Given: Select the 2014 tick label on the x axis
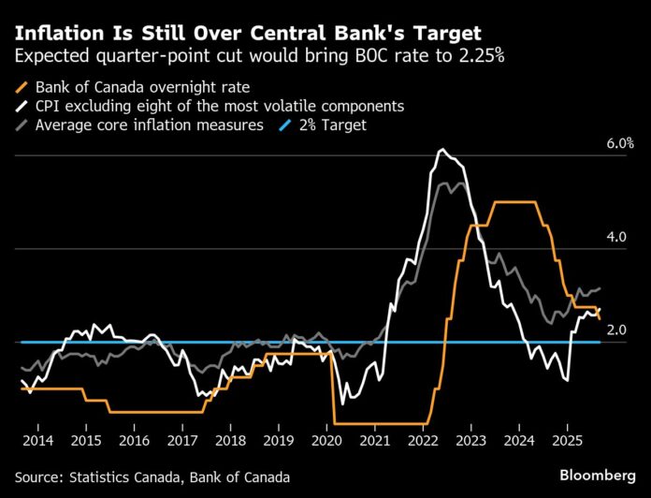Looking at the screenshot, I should pos(37,440).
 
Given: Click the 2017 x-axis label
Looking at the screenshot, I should pos(182,440).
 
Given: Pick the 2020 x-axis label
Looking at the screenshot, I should pos(326,440).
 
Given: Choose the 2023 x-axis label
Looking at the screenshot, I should pos(470,440).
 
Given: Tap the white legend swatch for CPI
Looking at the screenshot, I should pos(22,106).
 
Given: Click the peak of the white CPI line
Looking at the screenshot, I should pos(441,150).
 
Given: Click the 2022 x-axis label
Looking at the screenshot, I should pos(423,440).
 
